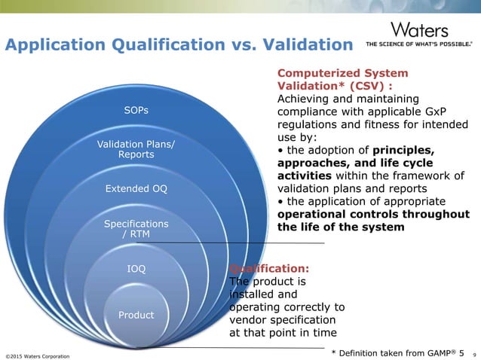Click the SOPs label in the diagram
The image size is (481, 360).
136,111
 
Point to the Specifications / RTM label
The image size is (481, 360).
136,229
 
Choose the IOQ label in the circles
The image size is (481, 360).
136,268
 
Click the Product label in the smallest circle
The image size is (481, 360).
136,315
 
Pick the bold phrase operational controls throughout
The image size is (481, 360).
374,214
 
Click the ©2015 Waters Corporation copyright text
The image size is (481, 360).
38,355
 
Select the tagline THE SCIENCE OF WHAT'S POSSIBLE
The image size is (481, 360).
419,44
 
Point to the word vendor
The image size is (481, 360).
247,320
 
